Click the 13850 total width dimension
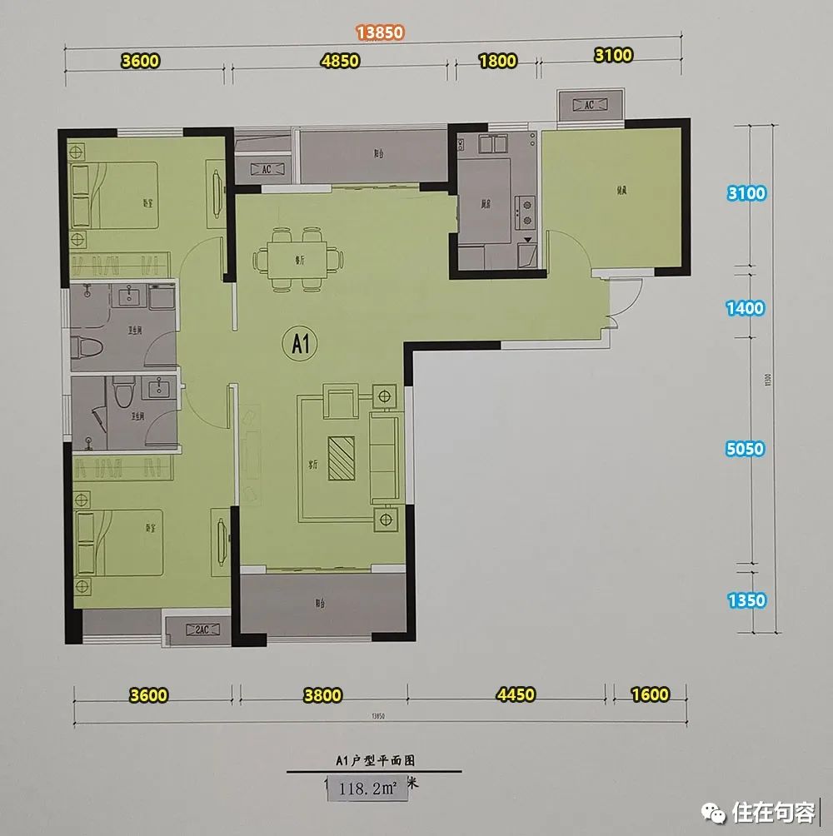(x=380, y=32)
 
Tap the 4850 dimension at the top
(x=339, y=61)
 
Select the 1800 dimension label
(x=497, y=61)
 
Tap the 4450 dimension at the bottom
(x=514, y=694)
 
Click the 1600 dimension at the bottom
(x=651, y=694)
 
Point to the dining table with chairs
(x=298, y=258)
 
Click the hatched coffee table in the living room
(x=342, y=458)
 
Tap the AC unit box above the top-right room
(x=588, y=105)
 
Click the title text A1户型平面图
(x=375, y=760)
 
